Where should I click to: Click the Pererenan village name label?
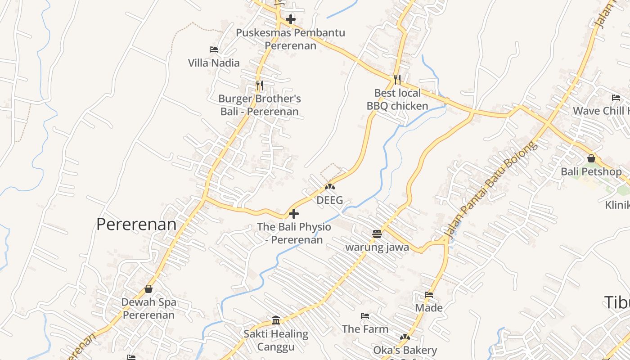pos(136,224)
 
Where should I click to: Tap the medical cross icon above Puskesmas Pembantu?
pos(291,19)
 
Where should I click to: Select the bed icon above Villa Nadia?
pos(214,49)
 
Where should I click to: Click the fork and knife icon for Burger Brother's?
pos(259,85)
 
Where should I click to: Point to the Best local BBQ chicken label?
pos(397,99)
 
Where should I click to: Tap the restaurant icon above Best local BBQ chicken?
pos(397,80)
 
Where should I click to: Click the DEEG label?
pos(329,200)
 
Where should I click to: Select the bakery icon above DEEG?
pos(330,186)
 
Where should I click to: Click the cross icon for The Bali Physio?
pos(294,213)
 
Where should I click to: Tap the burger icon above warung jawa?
pos(377,234)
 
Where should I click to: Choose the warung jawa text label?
pos(377,247)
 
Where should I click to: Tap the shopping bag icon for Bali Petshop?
pos(591,158)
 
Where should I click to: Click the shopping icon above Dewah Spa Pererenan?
pos(148,289)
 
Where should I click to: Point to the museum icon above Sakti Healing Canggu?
pos(276,320)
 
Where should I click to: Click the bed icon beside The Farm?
pos(365,316)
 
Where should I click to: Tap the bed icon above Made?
pos(429,295)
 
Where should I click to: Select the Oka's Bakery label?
pos(405,350)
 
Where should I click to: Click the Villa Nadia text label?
pos(214,63)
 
